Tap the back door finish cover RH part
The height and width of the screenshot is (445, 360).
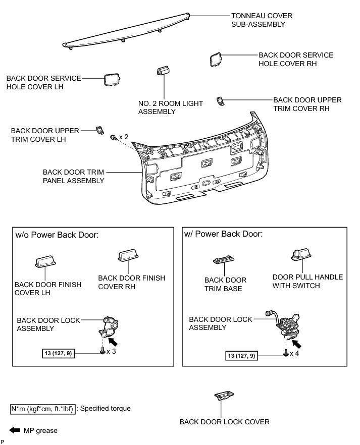(126, 256)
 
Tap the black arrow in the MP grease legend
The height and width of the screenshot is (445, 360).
(14, 430)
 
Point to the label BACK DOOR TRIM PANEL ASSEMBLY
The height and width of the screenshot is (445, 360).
(74, 176)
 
